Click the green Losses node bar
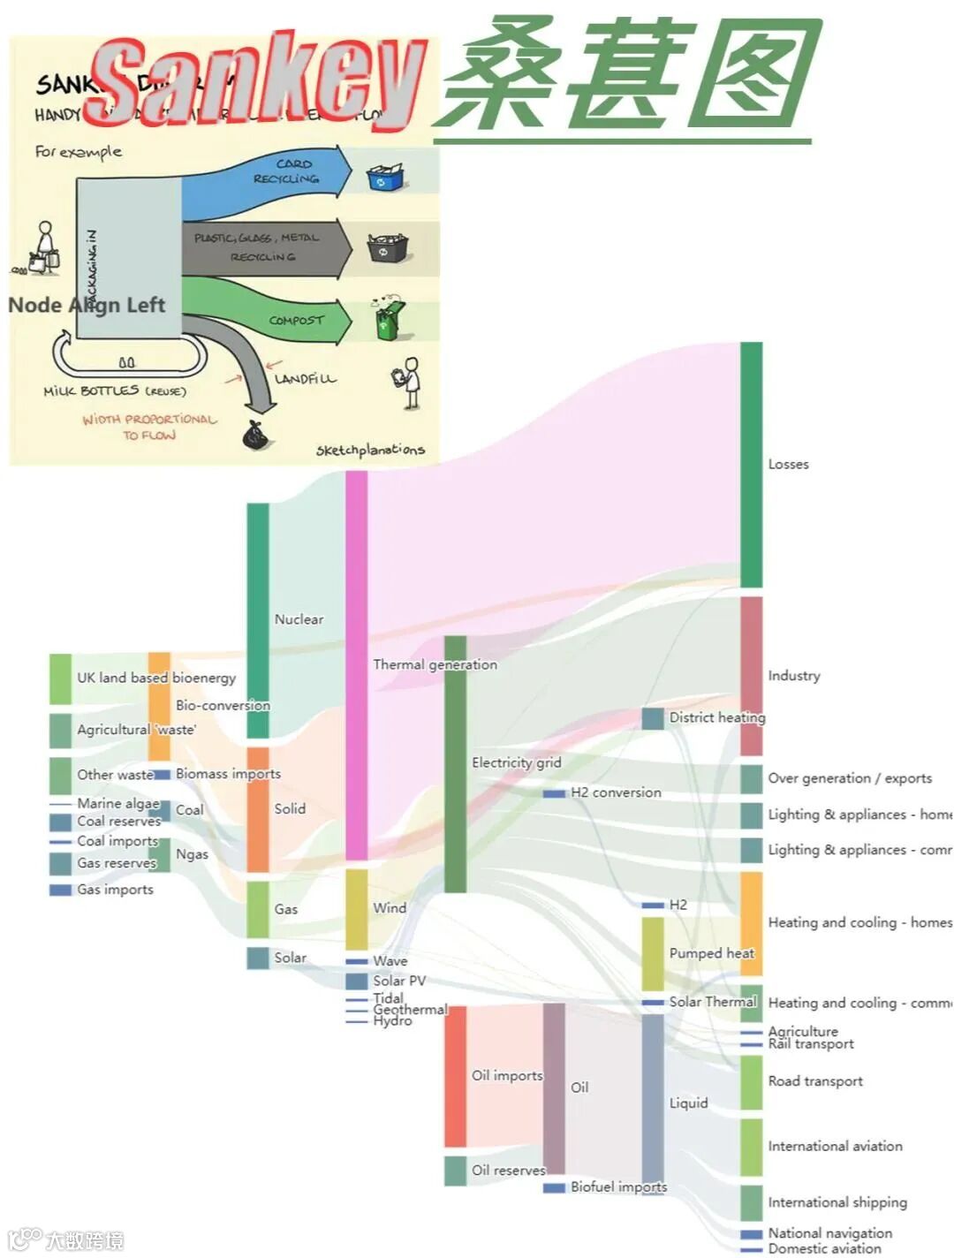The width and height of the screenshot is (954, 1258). click(751, 464)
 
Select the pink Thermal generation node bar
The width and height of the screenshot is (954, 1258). click(356, 664)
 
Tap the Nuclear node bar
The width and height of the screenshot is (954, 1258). click(258, 619)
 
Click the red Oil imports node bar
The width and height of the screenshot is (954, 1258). click(455, 1075)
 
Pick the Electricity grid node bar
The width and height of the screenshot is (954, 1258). click(455, 762)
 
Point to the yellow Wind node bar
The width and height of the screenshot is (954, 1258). click(356, 908)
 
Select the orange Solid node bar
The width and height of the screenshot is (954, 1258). click(258, 809)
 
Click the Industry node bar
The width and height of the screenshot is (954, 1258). click(751, 676)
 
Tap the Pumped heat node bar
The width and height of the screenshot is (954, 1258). click(653, 953)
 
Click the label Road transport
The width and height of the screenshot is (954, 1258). click(814, 1081)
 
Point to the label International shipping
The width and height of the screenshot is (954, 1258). click(837, 1202)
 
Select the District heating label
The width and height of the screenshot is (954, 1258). click(716, 717)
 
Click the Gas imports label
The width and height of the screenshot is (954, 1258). click(115, 890)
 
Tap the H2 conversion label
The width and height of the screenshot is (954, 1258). click(616, 792)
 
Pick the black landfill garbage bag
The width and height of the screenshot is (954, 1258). click(255, 436)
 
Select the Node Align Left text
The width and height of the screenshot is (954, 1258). click(87, 306)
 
